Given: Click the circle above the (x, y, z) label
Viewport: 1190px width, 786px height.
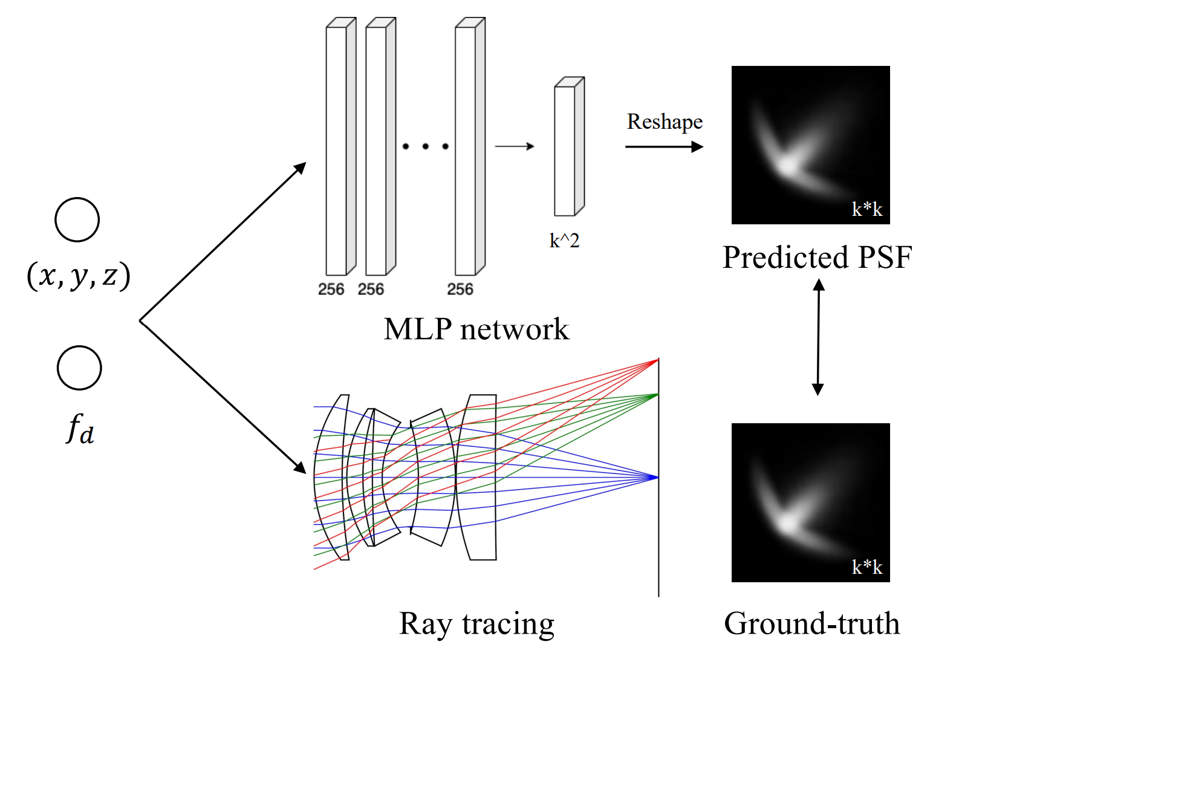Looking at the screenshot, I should [x=77, y=219].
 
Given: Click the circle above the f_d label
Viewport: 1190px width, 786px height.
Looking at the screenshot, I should [x=79, y=368].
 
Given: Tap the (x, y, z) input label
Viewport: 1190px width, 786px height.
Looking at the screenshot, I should [x=79, y=276].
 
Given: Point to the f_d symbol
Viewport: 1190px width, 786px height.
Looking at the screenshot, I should [x=80, y=429].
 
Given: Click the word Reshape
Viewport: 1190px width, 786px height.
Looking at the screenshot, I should [x=665, y=122].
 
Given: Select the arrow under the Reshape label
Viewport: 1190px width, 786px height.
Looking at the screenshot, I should [x=664, y=146].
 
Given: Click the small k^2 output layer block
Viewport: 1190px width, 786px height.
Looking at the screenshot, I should [x=568, y=147].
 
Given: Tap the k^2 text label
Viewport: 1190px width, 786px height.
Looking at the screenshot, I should [x=564, y=241].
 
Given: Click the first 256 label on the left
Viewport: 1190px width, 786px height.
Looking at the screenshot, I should [x=331, y=290].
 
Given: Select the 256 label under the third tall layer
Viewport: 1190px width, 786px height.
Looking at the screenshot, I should [x=460, y=290].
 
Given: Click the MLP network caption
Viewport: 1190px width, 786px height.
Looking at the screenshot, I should [x=476, y=330].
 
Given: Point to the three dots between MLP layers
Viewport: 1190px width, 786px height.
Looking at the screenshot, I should [x=425, y=146].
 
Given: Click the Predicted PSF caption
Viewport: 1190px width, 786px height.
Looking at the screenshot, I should [x=817, y=258].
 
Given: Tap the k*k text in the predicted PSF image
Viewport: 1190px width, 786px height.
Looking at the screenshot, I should [x=867, y=209].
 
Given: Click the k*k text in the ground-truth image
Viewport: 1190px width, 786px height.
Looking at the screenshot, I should [x=867, y=567].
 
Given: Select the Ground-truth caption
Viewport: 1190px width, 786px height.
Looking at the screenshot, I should [x=812, y=624].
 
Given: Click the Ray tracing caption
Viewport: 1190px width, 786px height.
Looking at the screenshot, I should [x=476, y=624].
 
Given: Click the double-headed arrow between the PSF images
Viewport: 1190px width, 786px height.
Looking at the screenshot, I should [x=818, y=337].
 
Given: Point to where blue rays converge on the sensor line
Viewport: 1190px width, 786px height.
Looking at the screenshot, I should [x=658, y=477].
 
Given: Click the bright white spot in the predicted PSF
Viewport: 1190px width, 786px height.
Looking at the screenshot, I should [x=787, y=165].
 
